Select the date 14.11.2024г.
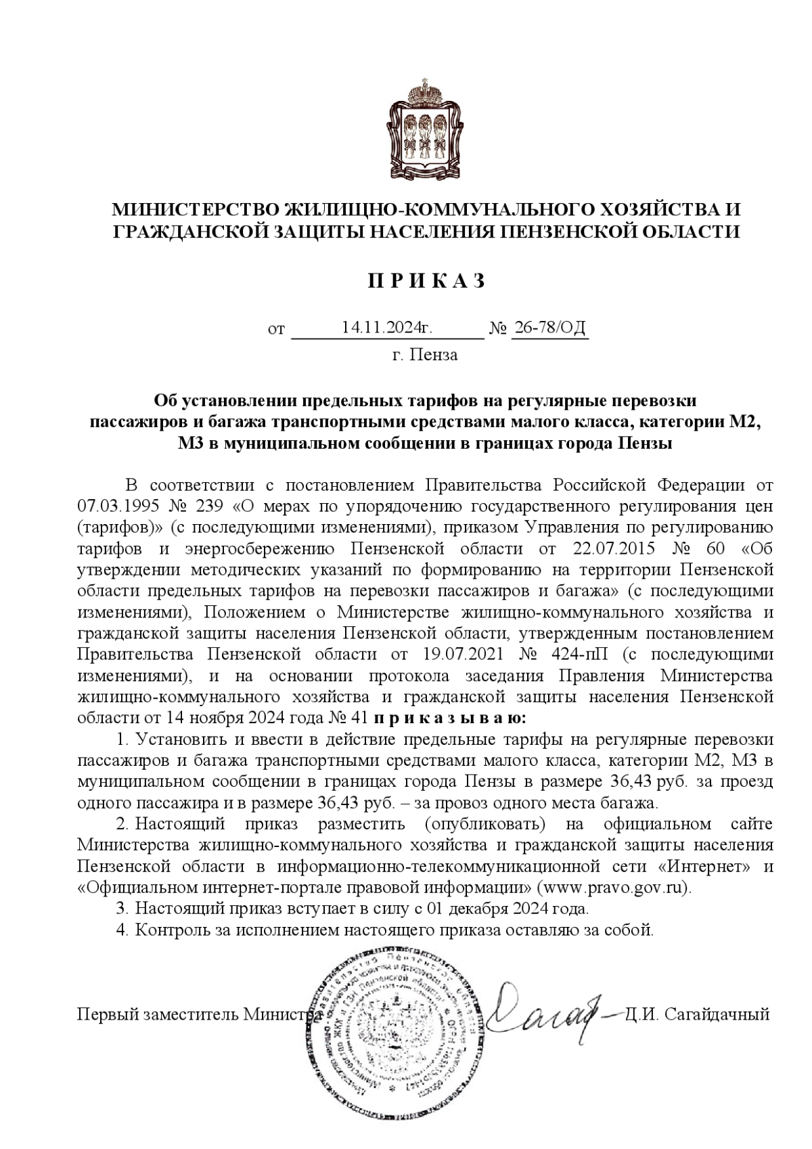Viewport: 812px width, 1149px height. point(386,328)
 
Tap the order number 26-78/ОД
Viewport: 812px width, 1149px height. point(549,328)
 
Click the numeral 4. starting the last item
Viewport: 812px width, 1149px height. point(122,929)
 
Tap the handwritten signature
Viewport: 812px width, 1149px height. point(541,1012)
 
